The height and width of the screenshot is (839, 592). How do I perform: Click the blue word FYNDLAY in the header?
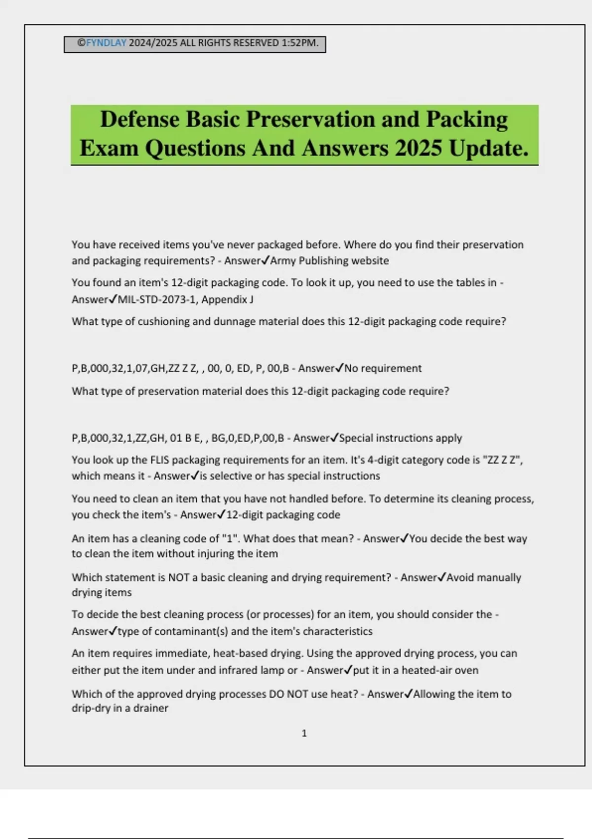point(106,43)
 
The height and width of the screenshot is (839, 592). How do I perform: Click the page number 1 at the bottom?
point(304,733)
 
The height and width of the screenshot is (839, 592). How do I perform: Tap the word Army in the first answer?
point(283,261)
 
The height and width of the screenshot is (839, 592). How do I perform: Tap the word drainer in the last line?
point(151,708)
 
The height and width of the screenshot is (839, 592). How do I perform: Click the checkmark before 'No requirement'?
point(339,368)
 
